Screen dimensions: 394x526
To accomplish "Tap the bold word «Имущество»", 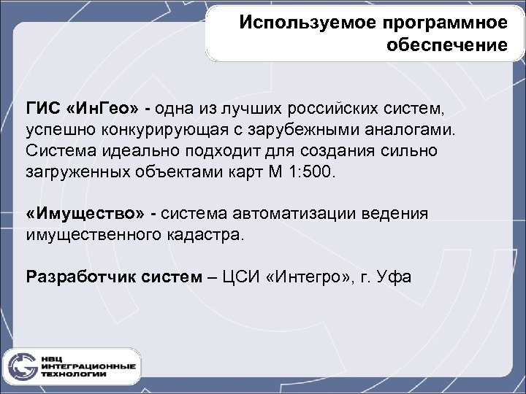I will [86, 214].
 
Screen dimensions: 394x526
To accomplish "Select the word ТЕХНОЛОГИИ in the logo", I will [74, 374].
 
